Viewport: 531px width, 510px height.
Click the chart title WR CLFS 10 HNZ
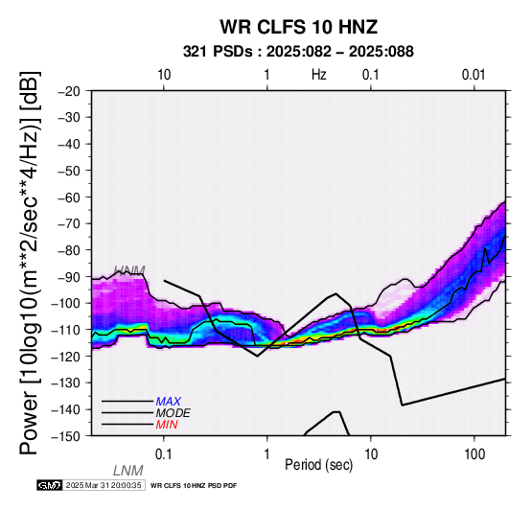tap(299, 27)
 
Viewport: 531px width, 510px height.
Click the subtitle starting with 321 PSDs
tap(298, 52)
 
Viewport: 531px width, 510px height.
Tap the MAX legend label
tap(169, 402)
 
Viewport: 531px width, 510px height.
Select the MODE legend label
tap(173, 413)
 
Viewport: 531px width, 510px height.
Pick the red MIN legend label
tap(167, 425)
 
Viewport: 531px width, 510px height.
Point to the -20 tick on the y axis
tap(69, 91)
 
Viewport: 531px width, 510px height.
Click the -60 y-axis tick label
tap(69, 197)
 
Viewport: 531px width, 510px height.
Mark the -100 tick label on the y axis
tap(65, 303)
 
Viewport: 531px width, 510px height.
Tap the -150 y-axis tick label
tap(65, 436)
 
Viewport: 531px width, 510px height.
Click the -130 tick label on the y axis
tap(65, 382)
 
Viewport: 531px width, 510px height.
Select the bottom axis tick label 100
tap(474, 454)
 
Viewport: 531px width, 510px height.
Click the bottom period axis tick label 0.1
tap(163, 454)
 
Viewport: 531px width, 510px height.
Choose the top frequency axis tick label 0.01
tap(473, 75)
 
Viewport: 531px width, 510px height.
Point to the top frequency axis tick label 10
tap(164, 75)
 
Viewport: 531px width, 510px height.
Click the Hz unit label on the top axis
tap(319, 75)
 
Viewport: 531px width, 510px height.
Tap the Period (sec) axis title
tap(318, 465)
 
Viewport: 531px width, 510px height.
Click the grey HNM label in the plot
tap(129, 270)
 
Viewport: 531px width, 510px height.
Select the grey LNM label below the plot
tap(128, 471)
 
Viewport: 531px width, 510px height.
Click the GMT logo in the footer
tap(50, 485)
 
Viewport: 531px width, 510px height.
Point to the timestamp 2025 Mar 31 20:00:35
tap(104, 485)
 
